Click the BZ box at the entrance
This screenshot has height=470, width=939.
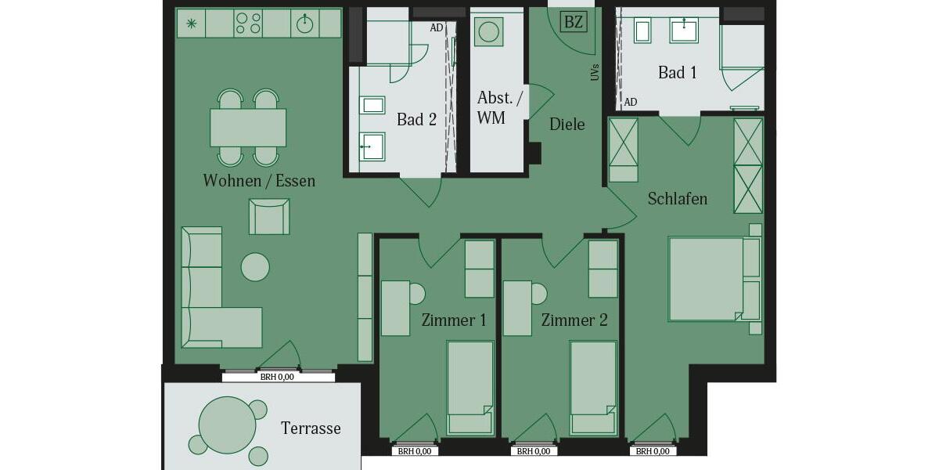coord(574,22)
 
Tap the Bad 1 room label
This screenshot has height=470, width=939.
coord(677,73)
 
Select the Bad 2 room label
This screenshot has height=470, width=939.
coord(416,120)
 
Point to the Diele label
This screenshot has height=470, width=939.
coord(567,125)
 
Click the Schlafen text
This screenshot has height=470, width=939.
coord(677,199)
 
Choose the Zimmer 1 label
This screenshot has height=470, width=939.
coord(454,320)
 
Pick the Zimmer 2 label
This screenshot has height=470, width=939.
coord(574,320)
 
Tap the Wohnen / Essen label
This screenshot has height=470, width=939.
coord(259,181)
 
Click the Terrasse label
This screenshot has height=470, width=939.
coord(311,428)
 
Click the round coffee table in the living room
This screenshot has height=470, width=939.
coord(255,267)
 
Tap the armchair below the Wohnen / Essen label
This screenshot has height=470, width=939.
coord(269,216)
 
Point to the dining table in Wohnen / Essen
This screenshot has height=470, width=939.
coord(248,127)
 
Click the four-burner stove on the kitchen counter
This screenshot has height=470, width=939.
coord(249,23)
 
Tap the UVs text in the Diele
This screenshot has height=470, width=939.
coord(595,73)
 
